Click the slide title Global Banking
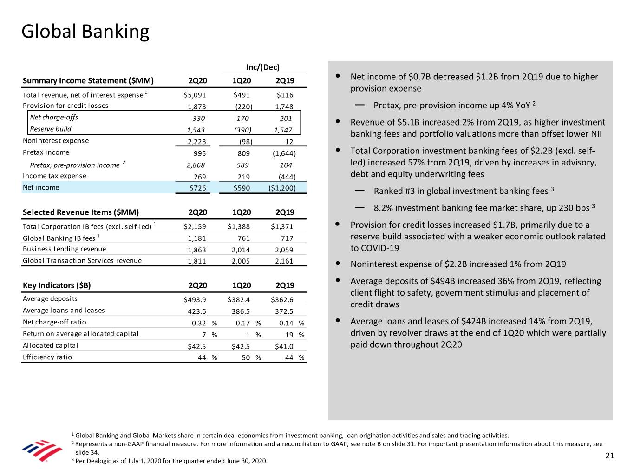click(x=85, y=32)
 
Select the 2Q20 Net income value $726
click(x=197, y=188)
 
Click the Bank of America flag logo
click(x=42, y=450)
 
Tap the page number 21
click(x=609, y=456)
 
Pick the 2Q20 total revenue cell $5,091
click(x=195, y=95)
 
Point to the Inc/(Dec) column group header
click(x=262, y=67)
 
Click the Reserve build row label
click(x=51, y=129)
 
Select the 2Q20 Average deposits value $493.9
click(x=195, y=300)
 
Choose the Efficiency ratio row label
click(x=47, y=357)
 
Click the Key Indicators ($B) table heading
click(x=57, y=285)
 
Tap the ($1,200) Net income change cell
click(x=281, y=188)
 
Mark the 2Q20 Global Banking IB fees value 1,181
click(x=196, y=238)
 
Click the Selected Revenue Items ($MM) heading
click(x=81, y=212)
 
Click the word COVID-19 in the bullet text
click(x=379, y=248)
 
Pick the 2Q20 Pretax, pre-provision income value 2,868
click(x=196, y=165)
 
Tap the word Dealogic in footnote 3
click(x=99, y=461)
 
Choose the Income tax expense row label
click(x=54, y=176)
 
